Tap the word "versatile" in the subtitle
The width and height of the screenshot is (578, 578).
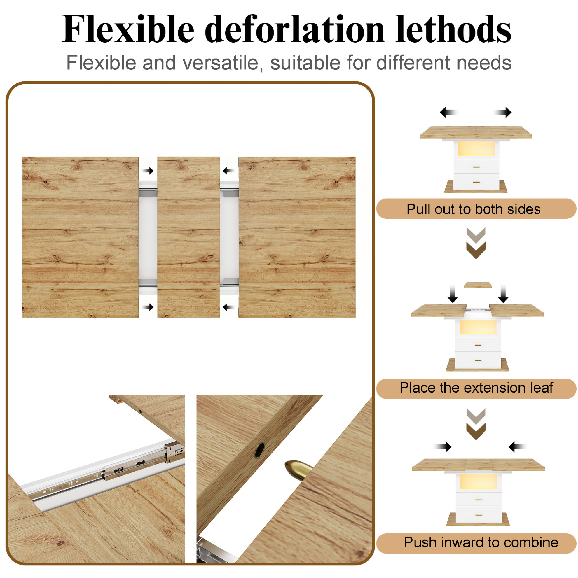pos(221,63)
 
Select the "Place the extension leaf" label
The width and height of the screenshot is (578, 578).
pos(476,388)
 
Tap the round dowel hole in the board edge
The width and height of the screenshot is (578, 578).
pos(259,450)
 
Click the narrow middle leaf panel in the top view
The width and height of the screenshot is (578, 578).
pos(188,237)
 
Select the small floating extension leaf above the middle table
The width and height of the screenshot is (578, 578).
pos(477,285)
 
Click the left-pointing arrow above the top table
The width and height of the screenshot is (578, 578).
pos(449,113)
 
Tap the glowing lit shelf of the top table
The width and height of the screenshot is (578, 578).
pos(476,149)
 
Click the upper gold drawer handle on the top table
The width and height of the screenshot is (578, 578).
pos(476,167)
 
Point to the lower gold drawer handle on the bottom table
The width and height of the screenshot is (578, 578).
pos(479,515)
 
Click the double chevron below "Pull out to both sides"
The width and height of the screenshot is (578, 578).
pos(476,243)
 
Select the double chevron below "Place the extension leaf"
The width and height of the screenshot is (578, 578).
pos(476,424)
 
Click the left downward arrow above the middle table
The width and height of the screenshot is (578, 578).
pos(453,294)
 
